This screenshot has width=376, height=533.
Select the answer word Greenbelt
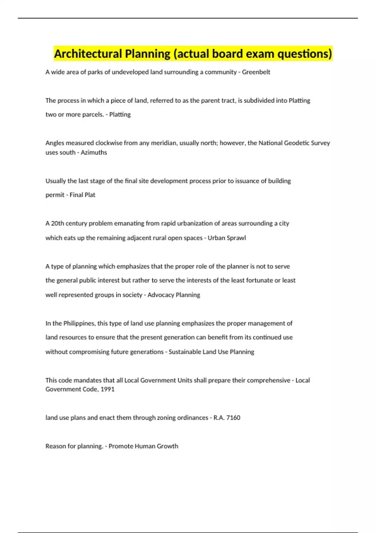point(256,72)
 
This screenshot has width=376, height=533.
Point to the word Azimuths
point(94,152)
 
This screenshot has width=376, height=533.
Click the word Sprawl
point(236,238)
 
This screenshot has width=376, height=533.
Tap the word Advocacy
point(160,295)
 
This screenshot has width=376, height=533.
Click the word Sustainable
point(185,352)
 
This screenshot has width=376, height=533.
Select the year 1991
point(107,389)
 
